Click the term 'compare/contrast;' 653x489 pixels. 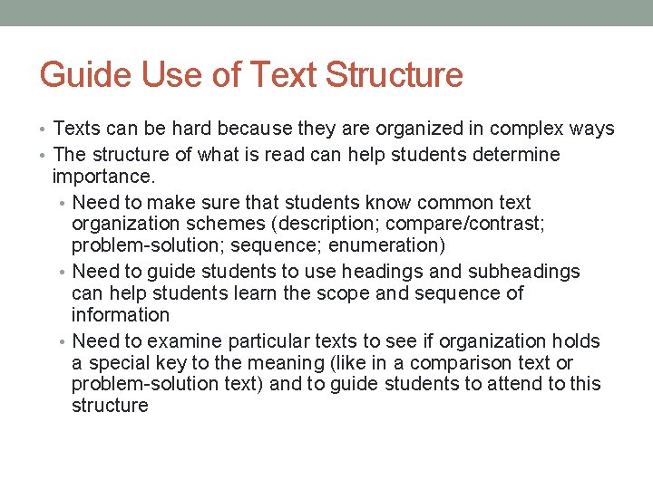coord(496,224)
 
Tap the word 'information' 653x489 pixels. coord(121,315)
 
